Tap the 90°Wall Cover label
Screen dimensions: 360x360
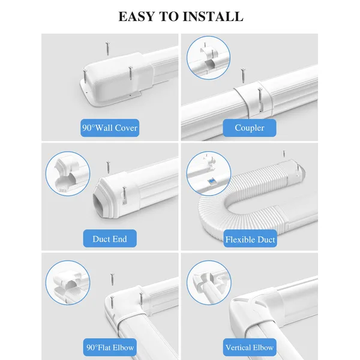110,128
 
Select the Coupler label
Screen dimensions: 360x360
250,128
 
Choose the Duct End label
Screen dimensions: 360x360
110,239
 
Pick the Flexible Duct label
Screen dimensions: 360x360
250,239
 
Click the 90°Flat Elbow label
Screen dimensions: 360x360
110,347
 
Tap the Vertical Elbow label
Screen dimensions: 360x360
250,347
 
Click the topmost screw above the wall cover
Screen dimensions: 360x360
107,49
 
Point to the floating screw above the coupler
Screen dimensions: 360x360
243,76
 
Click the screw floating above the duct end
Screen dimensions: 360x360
108,167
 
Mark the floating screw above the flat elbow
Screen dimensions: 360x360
112,279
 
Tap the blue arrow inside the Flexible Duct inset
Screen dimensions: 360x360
211,181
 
